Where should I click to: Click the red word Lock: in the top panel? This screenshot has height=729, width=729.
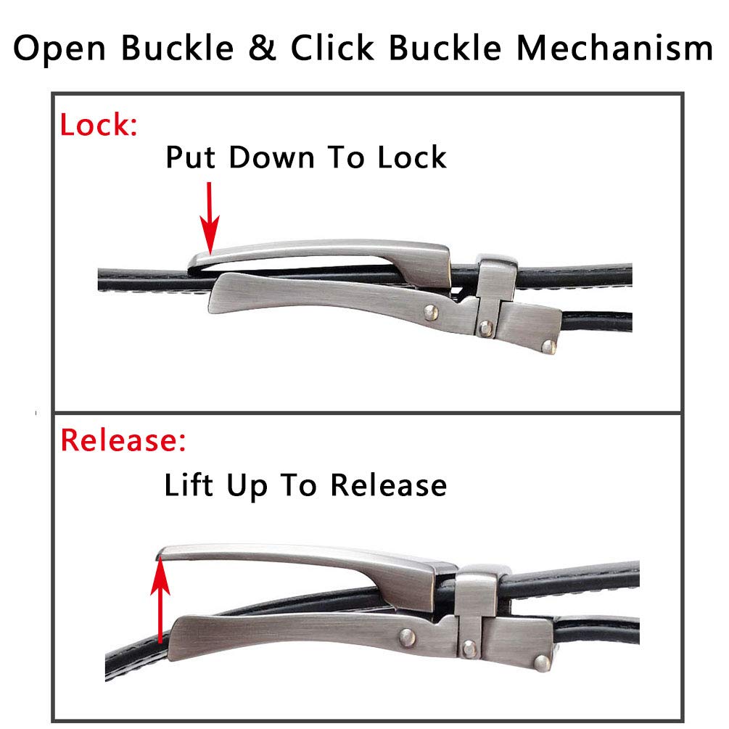[x=99, y=125]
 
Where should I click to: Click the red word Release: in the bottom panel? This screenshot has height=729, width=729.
[x=123, y=440]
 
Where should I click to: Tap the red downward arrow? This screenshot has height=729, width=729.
[x=210, y=218]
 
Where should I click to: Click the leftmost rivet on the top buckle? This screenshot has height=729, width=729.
[x=432, y=311]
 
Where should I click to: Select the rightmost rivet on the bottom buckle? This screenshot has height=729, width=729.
[x=541, y=662]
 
